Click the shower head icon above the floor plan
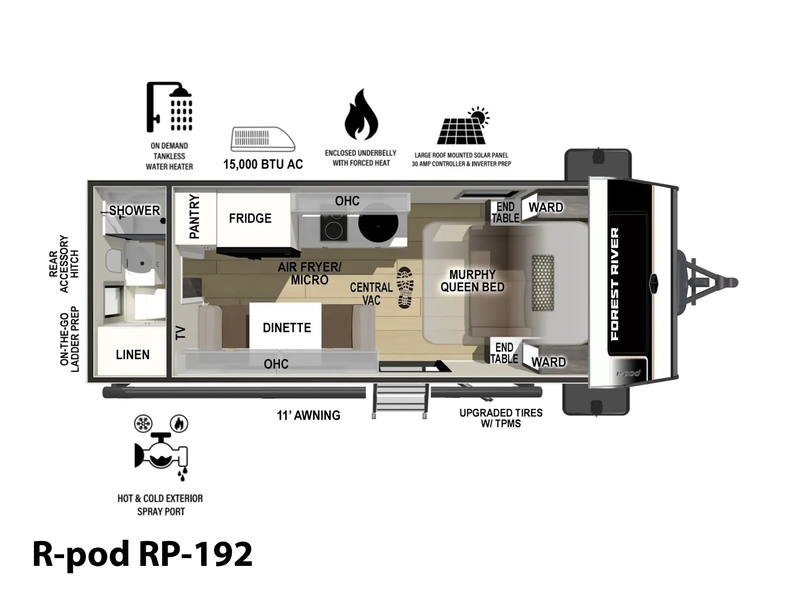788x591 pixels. tap(169, 106)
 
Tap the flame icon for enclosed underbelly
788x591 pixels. tap(361, 114)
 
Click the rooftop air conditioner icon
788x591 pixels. tap(263, 139)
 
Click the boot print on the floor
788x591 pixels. tap(405, 288)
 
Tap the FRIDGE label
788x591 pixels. tap(250, 218)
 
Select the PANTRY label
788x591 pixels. tap(194, 216)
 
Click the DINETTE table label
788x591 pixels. tap(287, 328)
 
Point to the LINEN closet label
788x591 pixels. tap(132, 355)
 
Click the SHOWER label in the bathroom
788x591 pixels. tap(134, 211)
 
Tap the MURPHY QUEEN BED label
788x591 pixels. tap(472, 281)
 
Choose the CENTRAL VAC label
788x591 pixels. tap(371, 294)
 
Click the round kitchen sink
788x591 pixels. tap(378, 226)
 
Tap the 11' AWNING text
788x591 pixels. tap(308, 415)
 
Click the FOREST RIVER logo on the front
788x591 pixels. tap(615, 284)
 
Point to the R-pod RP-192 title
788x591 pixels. tap(142, 554)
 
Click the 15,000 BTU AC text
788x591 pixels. tap(263, 164)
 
